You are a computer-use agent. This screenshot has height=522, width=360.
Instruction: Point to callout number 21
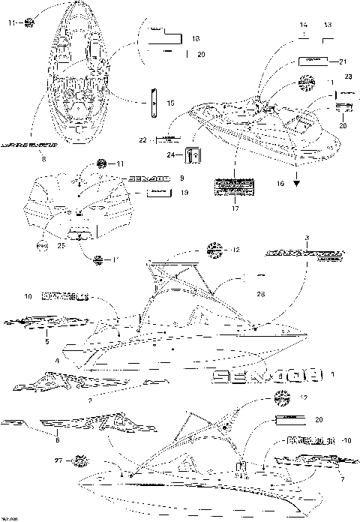[x=344, y=61]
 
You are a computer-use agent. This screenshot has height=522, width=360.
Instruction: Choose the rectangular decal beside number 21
[x=313, y=60]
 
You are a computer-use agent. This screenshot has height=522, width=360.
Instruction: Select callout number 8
[x=43, y=159]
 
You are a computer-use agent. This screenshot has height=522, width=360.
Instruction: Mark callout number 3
[x=307, y=238]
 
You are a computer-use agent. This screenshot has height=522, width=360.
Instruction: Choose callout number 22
[x=143, y=140]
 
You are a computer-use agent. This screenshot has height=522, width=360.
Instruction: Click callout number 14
[x=303, y=24]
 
